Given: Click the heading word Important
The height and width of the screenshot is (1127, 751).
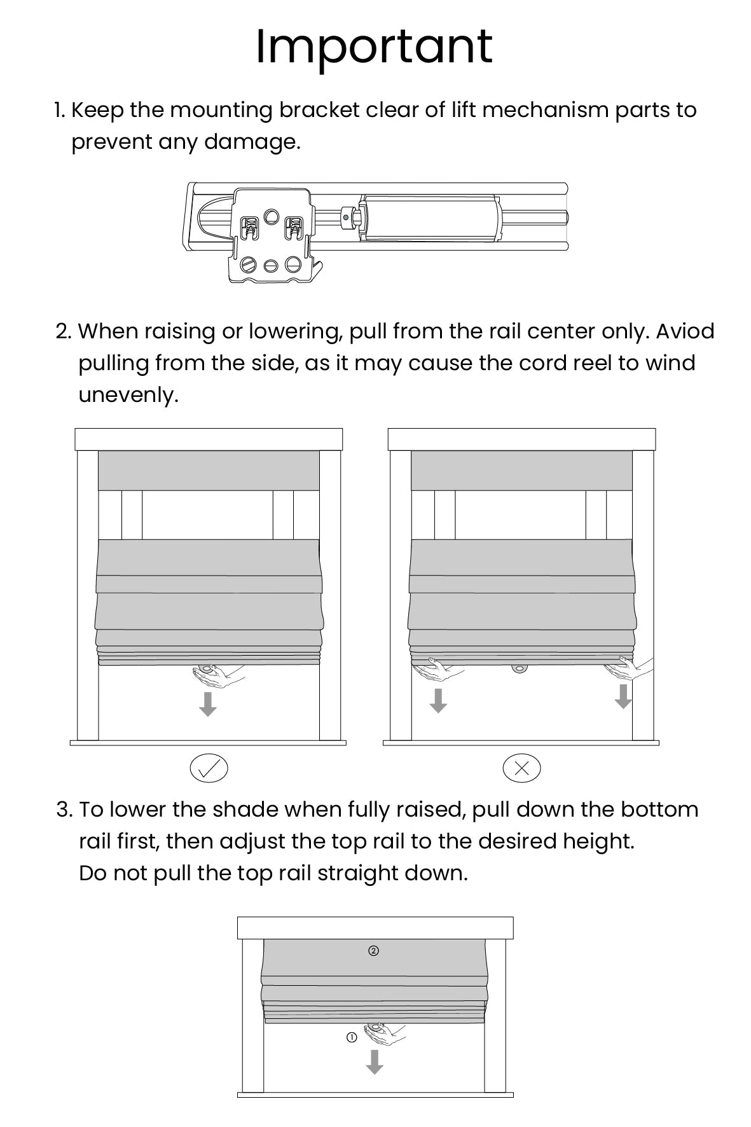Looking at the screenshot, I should pyautogui.click(x=374, y=47).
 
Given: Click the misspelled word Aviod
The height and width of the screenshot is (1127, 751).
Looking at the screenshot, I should pyautogui.click(x=685, y=331).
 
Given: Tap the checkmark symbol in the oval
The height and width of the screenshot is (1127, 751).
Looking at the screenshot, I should pyautogui.click(x=209, y=768).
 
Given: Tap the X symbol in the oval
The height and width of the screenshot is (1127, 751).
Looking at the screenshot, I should pyautogui.click(x=521, y=768).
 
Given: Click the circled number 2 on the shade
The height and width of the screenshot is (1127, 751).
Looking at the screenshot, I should pyautogui.click(x=374, y=951).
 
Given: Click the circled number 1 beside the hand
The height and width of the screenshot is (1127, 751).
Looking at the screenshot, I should pyautogui.click(x=352, y=1037).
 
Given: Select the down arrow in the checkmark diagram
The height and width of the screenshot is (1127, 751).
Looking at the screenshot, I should pyautogui.click(x=208, y=704).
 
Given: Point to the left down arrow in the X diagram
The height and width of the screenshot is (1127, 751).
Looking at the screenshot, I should pyautogui.click(x=438, y=700).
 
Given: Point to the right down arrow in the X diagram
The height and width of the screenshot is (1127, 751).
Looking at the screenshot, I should pyautogui.click(x=623, y=696).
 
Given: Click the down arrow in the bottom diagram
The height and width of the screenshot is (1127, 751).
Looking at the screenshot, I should pyautogui.click(x=375, y=1061).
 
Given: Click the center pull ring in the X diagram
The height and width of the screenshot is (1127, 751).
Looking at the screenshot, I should pyautogui.click(x=520, y=669).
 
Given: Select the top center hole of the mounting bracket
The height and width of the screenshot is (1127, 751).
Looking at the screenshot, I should pyautogui.click(x=272, y=216).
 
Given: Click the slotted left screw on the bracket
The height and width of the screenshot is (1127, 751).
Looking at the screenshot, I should pyautogui.click(x=249, y=264).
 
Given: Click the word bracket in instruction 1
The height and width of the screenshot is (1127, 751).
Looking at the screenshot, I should pyautogui.click(x=320, y=110).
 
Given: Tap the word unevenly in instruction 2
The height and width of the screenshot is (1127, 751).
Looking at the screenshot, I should pyautogui.click(x=128, y=395).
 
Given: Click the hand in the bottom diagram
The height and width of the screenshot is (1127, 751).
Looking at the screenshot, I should pyautogui.click(x=383, y=1035).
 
